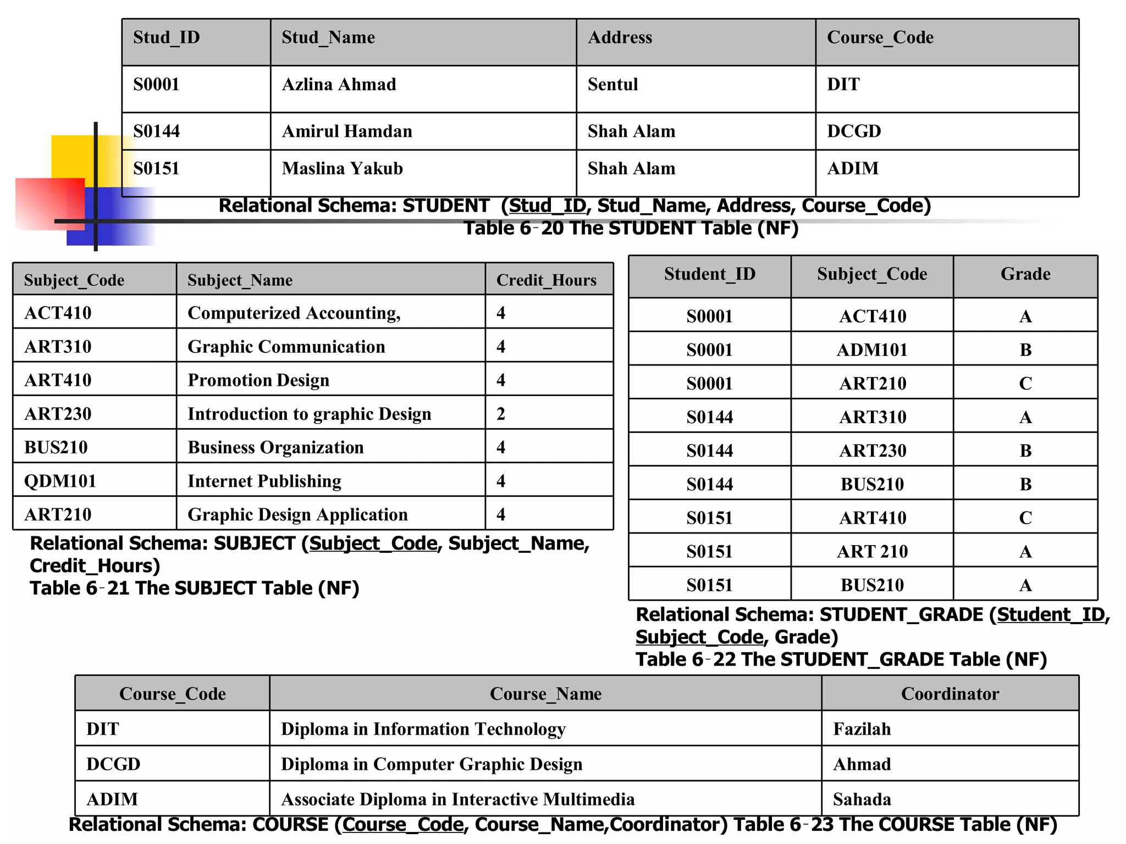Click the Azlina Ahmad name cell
339,85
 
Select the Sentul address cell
612,85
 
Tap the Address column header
620,37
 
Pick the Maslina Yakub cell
342,169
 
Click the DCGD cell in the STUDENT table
853,131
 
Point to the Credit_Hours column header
546,280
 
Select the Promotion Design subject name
258,380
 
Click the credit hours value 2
500,414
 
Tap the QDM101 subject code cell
60,481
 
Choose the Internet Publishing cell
264,481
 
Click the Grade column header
1025,274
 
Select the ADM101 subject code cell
872,350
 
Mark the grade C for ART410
1025,518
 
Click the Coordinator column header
950,694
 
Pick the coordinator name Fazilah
862,729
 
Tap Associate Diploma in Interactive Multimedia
457,799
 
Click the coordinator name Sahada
862,799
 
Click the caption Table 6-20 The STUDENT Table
631,228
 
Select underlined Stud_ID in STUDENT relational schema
547,206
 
